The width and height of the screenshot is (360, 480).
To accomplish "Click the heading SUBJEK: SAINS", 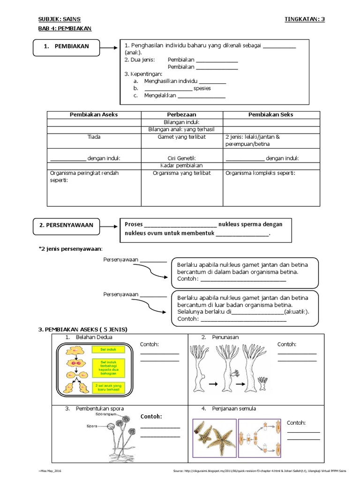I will point(59,19).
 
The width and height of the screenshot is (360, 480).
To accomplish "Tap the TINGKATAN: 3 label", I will point(304,19).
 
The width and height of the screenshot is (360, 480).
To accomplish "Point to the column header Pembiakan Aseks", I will point(94,115).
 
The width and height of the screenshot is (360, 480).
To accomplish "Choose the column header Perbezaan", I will point(182,115).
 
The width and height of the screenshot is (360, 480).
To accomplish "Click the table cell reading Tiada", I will point(94,137).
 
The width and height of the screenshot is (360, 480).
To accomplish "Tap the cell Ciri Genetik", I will point(182,158).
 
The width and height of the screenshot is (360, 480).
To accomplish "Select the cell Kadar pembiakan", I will point(182,166).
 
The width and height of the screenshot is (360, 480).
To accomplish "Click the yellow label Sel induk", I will point(107,350).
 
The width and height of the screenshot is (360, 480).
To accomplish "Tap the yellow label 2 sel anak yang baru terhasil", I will point(108,387).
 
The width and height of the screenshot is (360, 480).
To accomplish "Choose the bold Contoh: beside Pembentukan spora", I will point(151,416).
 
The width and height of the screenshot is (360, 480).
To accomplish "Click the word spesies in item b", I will point(202,88).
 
